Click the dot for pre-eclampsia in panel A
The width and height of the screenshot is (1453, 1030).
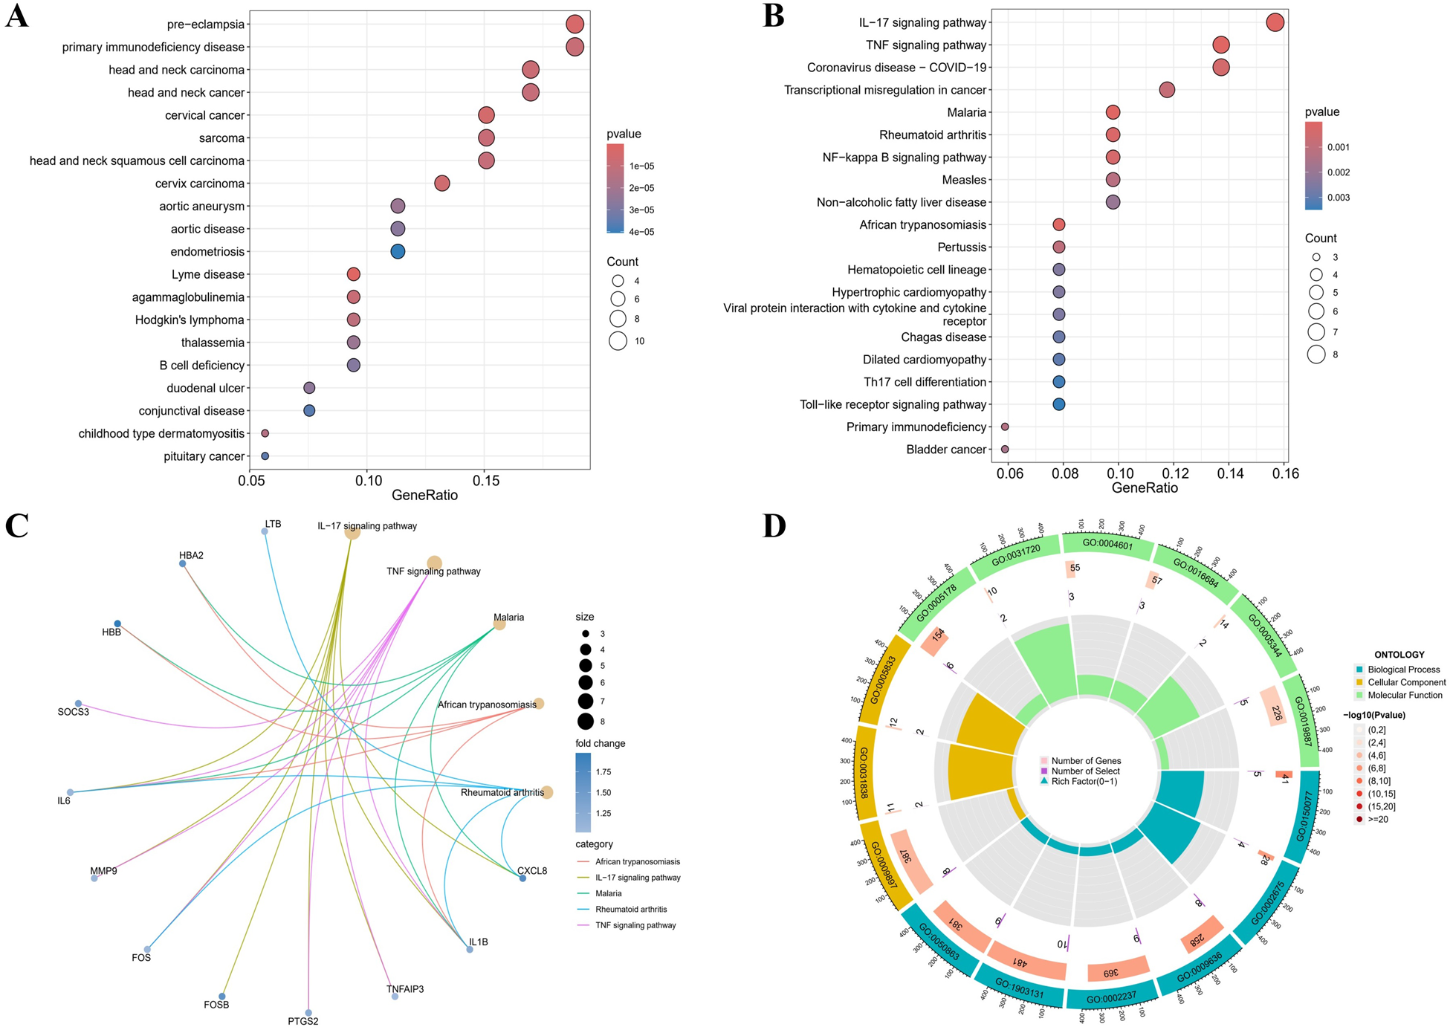574,25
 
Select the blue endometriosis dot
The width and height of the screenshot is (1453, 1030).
398,251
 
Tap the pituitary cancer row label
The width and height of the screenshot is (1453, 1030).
204,456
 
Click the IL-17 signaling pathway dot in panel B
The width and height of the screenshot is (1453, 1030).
1275,22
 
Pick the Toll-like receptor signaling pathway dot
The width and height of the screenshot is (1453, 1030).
1058,404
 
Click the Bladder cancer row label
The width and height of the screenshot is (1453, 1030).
945,450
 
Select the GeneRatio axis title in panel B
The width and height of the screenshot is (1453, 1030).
1145,488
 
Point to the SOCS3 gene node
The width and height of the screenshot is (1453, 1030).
78,704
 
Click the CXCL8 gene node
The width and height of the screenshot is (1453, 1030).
522,878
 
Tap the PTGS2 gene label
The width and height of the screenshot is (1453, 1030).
303,1021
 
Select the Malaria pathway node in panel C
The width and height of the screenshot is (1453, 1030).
500,624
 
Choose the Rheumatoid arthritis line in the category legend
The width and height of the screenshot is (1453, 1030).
585,910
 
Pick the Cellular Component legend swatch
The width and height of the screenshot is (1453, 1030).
1359,682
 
